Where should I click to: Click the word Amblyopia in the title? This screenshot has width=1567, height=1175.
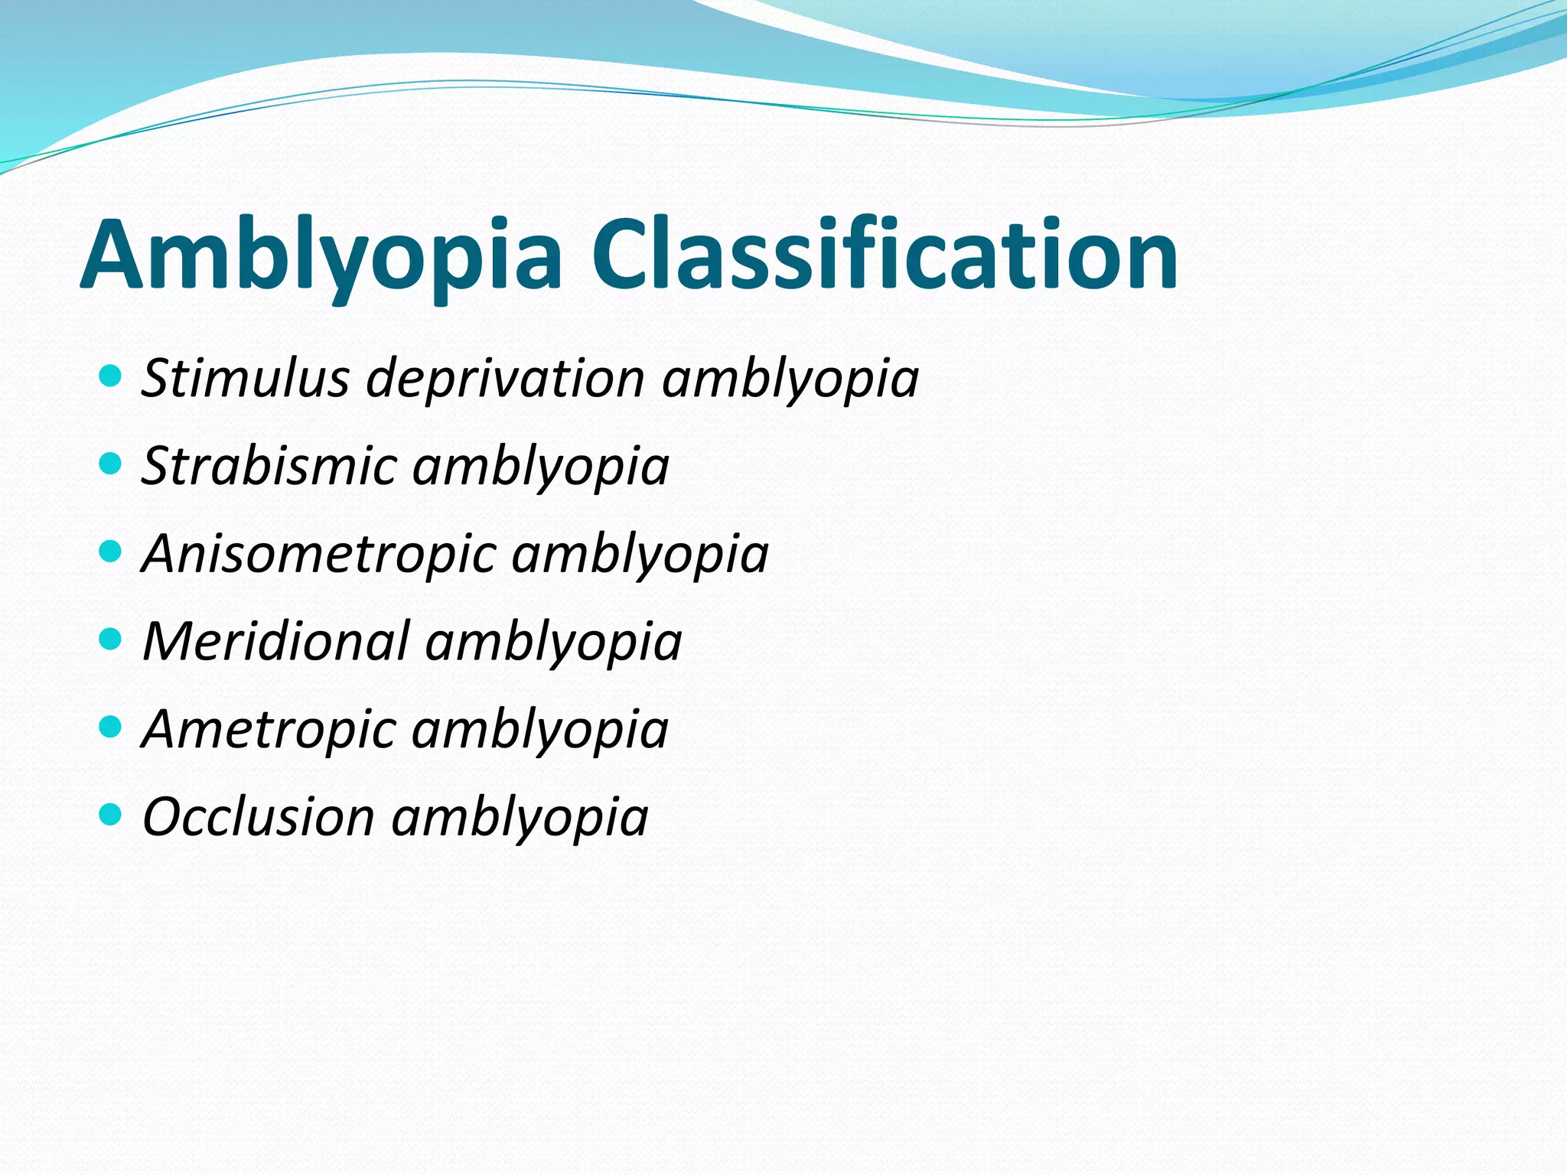click(321, 256)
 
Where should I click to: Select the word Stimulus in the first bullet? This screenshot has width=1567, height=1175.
click(246, 379)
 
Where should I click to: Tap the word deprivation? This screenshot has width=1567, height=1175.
click(506, 379)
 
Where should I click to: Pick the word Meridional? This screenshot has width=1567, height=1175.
click(276, 641)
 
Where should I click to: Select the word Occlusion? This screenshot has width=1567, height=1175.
click(259, 816)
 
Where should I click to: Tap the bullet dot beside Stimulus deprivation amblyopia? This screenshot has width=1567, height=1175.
click(111, 376)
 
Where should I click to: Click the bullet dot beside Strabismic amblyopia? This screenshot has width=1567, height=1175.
click(111, 464)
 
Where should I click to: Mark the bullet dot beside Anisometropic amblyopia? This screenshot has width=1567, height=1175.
click(111, 552)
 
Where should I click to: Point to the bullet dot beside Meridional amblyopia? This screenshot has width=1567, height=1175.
click(111, 639)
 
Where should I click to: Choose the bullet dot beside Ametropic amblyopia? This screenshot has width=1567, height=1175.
click(111, 727)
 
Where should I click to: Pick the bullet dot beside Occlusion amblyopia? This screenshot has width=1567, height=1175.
click(111, 814)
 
